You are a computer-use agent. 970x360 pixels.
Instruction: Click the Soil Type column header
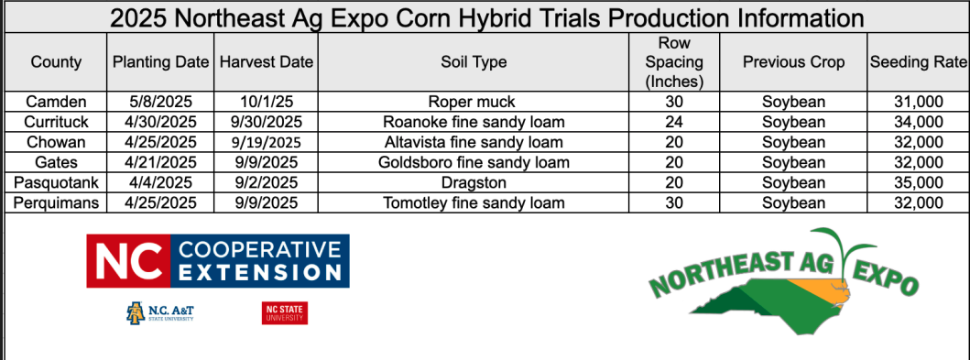474,62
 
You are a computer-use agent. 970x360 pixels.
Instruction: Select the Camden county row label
56,102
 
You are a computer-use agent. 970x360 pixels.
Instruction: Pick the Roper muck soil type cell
473,102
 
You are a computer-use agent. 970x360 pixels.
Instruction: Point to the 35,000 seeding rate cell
918,182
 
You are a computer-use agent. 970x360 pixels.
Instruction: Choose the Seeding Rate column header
918,62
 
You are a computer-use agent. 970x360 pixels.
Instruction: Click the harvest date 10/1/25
265,102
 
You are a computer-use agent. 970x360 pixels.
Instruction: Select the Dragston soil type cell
474,182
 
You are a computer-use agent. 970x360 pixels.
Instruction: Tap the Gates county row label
56,162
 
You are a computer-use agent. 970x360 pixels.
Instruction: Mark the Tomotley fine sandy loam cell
474,202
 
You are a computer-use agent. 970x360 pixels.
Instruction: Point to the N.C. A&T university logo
160,313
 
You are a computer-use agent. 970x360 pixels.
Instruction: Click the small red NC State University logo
285,313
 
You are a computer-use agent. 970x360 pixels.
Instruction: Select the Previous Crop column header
793,62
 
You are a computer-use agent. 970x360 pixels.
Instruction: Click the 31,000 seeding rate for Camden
918,102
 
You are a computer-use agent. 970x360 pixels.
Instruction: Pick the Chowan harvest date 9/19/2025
265,142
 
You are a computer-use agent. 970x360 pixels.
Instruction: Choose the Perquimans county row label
56,202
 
